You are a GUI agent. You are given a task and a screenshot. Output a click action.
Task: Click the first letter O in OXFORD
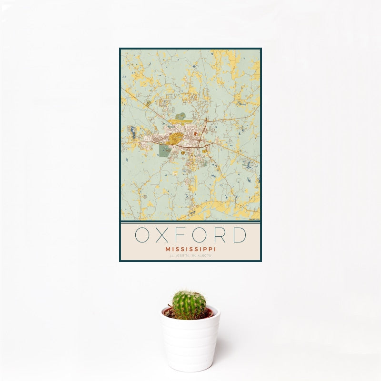tap(143, 235)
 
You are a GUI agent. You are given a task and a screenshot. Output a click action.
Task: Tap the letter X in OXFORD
tap(165, 235)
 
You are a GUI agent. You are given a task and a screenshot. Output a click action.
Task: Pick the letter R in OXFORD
tap(222, 235)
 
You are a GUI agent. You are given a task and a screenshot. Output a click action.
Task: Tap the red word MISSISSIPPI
tap(190, 249)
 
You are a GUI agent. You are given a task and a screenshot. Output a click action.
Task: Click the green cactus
tap(189, 305)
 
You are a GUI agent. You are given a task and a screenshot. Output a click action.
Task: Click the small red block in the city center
tap(195, 134)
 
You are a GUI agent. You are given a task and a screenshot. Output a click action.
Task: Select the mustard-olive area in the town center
tap(175, 139)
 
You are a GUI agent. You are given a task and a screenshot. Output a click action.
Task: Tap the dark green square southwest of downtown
tap(164, 151)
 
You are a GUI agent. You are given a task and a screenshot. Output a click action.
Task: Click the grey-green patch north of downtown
tap(180, 116)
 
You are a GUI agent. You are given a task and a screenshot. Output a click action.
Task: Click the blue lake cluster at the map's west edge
tap(133, 133)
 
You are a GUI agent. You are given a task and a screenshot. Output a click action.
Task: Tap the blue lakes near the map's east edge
tap(249, 165)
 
